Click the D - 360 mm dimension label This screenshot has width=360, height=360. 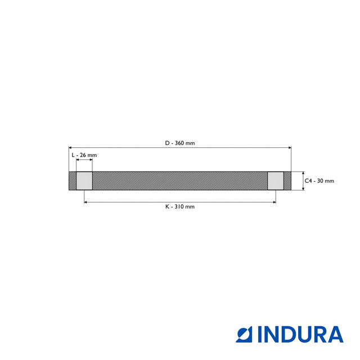tap(180, 143)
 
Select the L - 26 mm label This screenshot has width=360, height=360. tap(84, 155)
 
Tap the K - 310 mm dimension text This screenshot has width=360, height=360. tap(180, 206)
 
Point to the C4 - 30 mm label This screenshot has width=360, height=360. tap(319, 181)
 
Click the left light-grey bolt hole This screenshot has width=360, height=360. tap(84, 181)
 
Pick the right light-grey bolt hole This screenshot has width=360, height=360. tap(276, 181)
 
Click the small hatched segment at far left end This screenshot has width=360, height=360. tap(72, 181)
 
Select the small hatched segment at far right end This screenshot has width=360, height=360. tap(287, 181)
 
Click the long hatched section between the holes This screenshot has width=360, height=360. tap(180, 181)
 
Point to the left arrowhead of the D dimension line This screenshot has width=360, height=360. tap(70, 147)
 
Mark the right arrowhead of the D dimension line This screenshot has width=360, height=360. tap(290, 147)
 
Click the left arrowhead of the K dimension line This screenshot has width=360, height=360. tap(85, 201)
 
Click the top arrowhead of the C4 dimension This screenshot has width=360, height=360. tap(303, 173)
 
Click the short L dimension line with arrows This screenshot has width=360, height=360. tap(84, 160)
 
